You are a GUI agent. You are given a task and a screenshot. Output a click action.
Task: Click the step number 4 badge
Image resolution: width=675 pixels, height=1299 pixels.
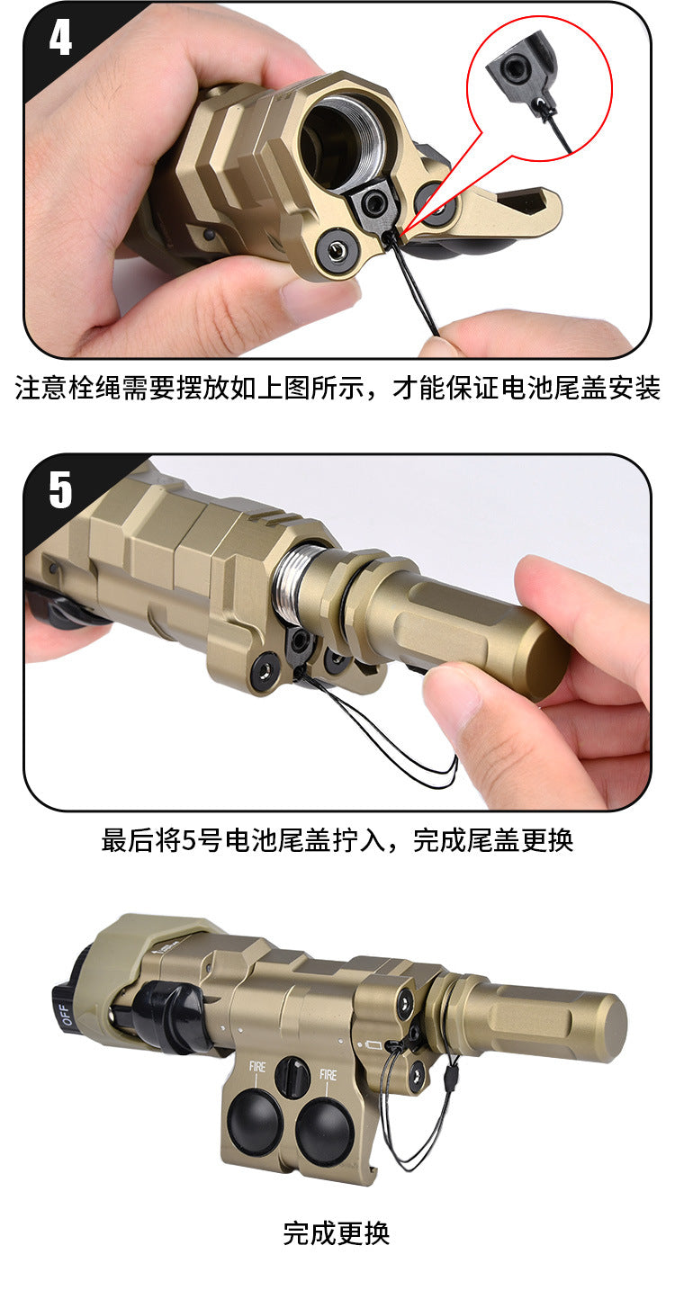[60, 39]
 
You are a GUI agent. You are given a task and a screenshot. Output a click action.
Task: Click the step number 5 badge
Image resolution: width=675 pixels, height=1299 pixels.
[60, 490]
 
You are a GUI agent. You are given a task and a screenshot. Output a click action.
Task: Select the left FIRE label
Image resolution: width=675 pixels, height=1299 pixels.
[257, 1066]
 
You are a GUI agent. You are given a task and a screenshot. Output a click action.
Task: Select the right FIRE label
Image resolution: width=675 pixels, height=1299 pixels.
[328, 1075]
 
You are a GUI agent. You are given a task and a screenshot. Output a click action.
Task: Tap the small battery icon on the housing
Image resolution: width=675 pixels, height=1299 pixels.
[373, 1045]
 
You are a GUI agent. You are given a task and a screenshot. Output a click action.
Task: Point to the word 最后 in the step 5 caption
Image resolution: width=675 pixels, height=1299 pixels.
[128, 840]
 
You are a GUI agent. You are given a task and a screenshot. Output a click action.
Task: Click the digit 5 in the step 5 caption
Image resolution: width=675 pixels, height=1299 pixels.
[190, 841]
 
